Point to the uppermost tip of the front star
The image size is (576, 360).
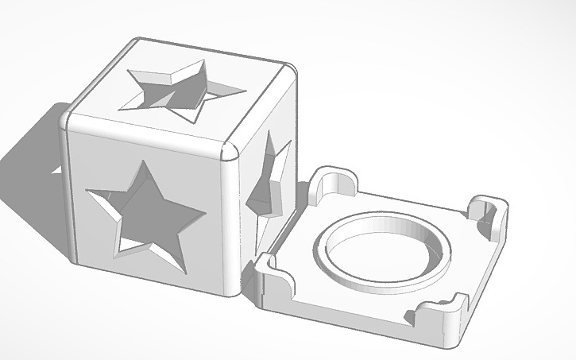(144, 161)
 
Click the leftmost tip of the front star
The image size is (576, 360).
(87, 191)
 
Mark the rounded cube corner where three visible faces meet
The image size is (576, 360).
(231, 150)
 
